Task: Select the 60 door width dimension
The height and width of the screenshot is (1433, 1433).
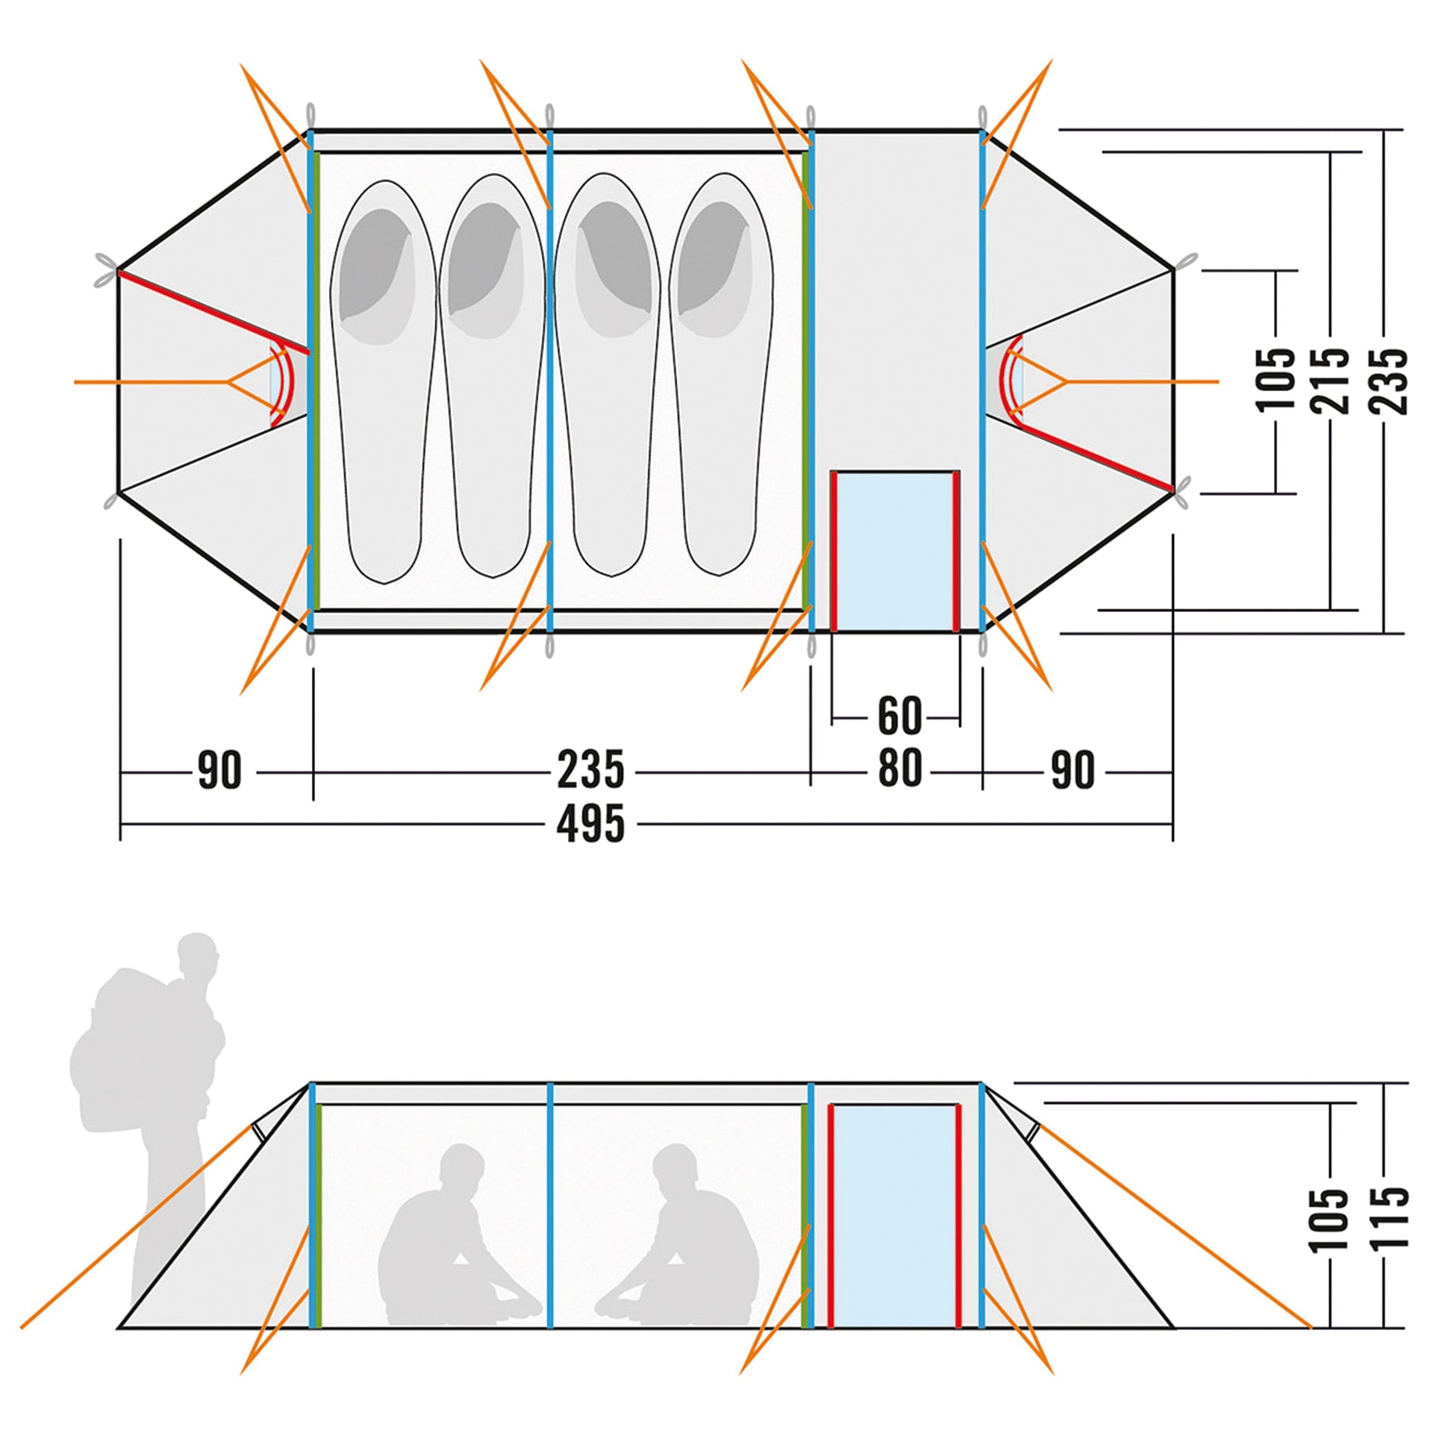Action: coord(899,716)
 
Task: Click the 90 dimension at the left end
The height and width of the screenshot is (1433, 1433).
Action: coord(219,771)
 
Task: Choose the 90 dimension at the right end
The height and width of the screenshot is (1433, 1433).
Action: coord(1073,771)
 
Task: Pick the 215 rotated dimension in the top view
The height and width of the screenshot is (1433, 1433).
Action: coord(1332,380)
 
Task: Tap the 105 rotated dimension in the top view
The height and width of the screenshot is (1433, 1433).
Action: coord(1276,380)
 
